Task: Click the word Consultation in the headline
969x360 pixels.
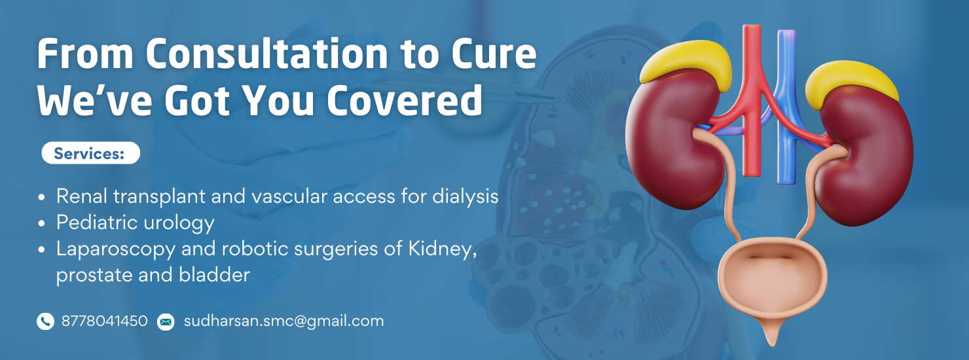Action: pyautogui.click(x=266, y=54)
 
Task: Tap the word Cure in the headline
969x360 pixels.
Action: pyautogui.click(x=494, y=54)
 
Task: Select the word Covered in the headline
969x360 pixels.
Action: pyautogui.click(x=404, y=100)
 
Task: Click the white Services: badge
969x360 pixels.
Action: pyautogui.click(x=91, y=153)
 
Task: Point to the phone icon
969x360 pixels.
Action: pyautogui.click(x=45, y=321)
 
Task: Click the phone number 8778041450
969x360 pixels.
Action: pyautogui.click(x=104, y=321)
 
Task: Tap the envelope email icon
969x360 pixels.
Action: pyautogui.click(x=166, y=321)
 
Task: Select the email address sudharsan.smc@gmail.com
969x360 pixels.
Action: pyautogui.click(x=283, y=321)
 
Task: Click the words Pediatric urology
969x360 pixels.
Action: pyautogui.click(x=136, y=223)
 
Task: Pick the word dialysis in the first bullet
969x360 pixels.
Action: pyautogui.click(x=466, y=197)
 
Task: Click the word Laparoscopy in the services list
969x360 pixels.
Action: pyautogui.click(x=115, y=249)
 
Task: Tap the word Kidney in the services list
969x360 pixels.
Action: pyautogui.click(x=443, y=249)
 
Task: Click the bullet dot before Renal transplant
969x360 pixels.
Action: pyautogui.click(x=41, y=198)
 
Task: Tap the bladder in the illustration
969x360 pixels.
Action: pyautogui.click(x=772, y=281)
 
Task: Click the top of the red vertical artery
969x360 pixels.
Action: pyautogui.click(x=752, y=27)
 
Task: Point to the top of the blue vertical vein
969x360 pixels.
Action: pyautogui.click(x=786, y=32)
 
